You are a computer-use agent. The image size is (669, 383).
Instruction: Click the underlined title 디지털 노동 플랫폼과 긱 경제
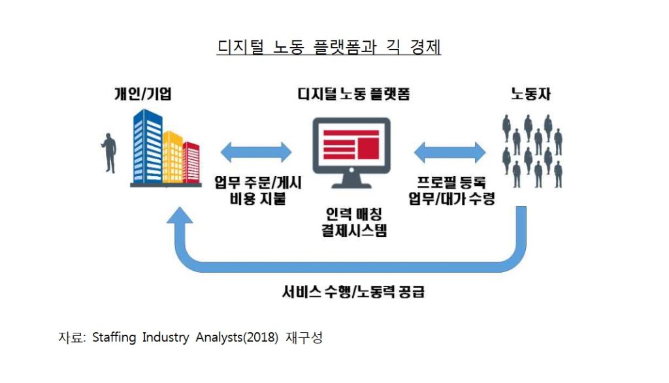pos(329,48)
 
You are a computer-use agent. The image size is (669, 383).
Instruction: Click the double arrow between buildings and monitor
pos(256,152)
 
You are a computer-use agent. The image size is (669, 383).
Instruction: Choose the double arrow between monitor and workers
pos(450,152)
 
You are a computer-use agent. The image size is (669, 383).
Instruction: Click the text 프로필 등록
pos(451,184)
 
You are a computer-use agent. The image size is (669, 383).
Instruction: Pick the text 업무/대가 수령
pos(451,200)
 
